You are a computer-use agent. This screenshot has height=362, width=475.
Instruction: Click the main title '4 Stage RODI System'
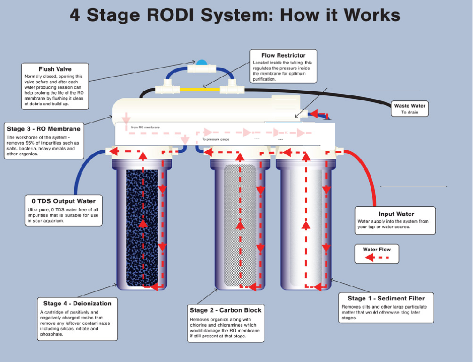(x=235, y=15)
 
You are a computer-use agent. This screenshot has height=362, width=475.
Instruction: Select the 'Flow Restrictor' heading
(x=283, y=55)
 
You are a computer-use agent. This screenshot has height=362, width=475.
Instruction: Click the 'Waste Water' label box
(x=411, y=108)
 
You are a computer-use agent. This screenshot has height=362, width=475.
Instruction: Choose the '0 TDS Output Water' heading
(x=63, y=201)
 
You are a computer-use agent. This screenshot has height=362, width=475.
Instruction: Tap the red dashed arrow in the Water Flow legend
(x=377, y=258)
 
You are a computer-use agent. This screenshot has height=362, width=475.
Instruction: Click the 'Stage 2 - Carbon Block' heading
(x=225, y=310)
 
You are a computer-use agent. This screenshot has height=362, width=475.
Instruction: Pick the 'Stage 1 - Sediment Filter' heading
(x=386, y=298)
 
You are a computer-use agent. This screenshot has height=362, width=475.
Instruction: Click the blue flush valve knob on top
(x=201, y=63)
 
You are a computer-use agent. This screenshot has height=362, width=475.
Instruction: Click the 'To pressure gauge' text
(x=216, y=139)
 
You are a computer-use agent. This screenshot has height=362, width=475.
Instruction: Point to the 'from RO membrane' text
(x=145, y=128)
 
